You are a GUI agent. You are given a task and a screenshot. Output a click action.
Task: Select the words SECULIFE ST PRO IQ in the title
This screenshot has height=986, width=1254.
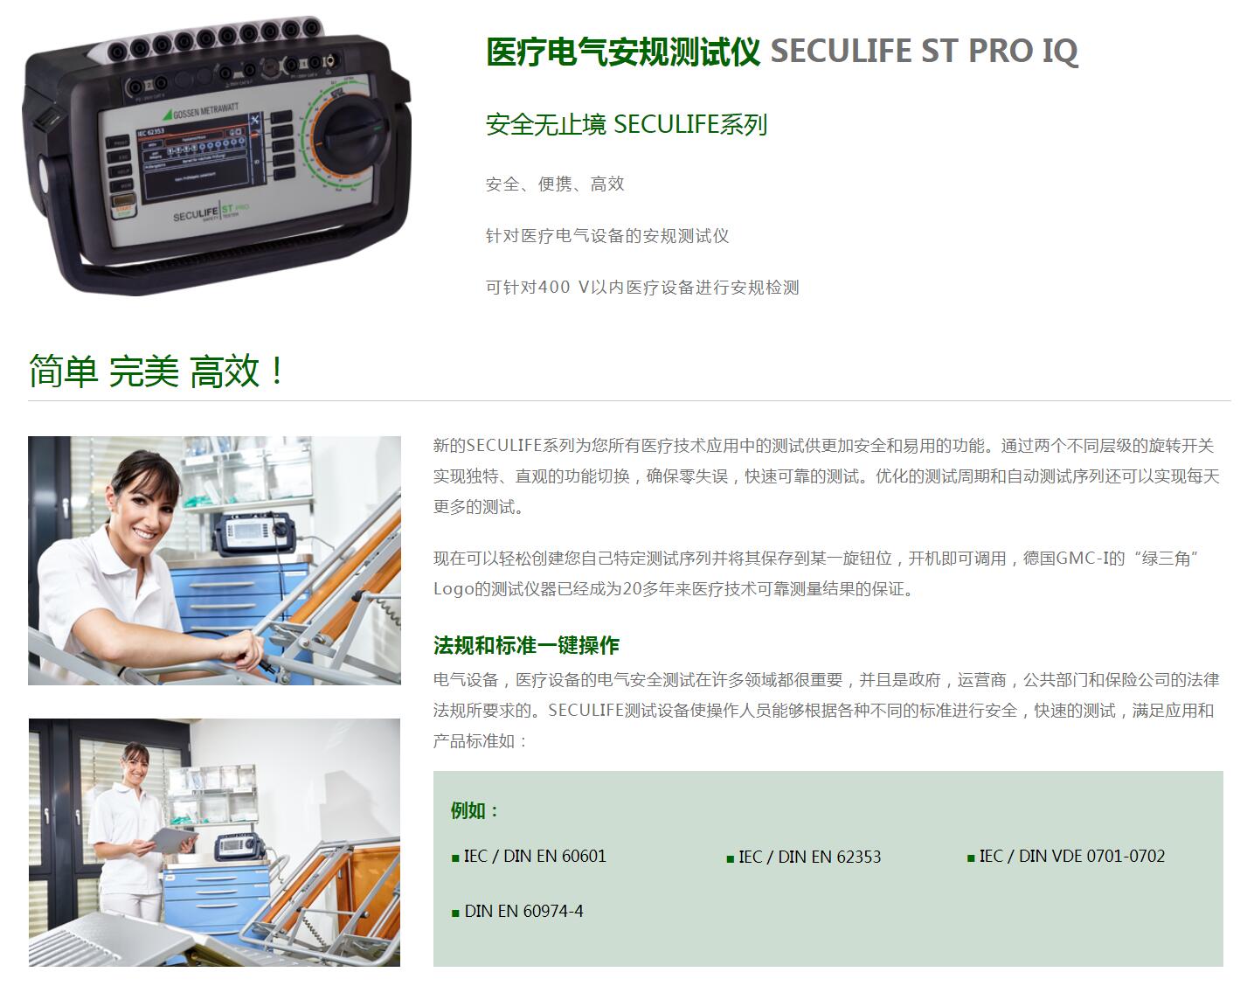tap(924, 51)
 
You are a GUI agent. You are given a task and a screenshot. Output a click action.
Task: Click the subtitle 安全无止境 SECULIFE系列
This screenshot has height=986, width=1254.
tap(627, 124)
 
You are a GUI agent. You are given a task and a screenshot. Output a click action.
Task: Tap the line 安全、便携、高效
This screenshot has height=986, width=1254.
tap(555, 184)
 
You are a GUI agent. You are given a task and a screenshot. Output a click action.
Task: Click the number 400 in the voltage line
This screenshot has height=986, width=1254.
tap(553, 287)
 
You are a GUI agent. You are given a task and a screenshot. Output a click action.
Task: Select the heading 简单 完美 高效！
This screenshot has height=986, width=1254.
tap(156, 371)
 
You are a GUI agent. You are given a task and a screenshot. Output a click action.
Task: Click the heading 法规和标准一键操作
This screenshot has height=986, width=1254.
tap(526, 645)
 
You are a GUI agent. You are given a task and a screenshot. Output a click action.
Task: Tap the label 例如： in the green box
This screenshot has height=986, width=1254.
tap(475, 810)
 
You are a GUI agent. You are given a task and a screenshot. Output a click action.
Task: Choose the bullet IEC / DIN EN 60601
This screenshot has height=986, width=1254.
tap(529, 856)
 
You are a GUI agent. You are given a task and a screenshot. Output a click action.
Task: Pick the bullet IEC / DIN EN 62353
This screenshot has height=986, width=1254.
tap(803, 857)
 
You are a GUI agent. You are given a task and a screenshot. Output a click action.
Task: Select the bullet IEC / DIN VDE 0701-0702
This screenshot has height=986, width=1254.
tap(1066, 856)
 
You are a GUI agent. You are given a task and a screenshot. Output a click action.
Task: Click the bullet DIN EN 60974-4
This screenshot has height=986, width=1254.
tap(517, 911)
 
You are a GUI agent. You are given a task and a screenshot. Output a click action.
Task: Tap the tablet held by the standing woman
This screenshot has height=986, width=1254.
tap(172, 840)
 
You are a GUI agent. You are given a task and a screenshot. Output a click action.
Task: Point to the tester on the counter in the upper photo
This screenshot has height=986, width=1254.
tap(254, 532)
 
